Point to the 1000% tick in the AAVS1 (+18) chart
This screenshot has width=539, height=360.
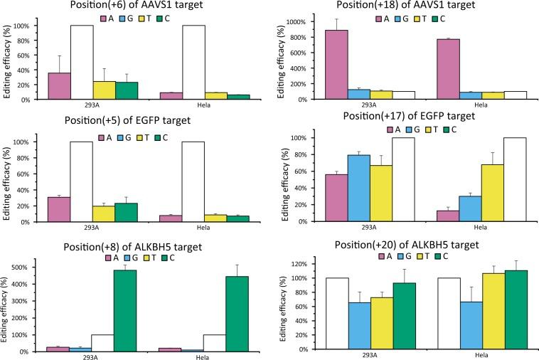(306, 23)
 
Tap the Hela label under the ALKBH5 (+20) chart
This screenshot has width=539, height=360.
(472, 356)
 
